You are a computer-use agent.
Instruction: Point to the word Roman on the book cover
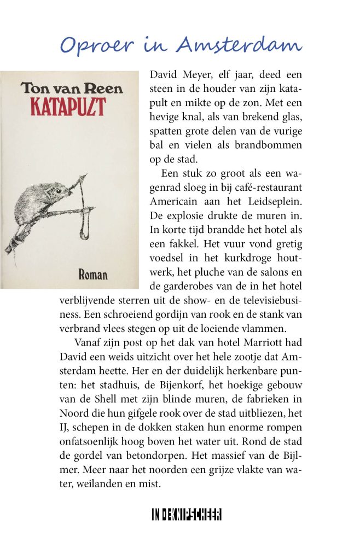[93, 275]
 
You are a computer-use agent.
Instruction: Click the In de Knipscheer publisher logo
[187, 515]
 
